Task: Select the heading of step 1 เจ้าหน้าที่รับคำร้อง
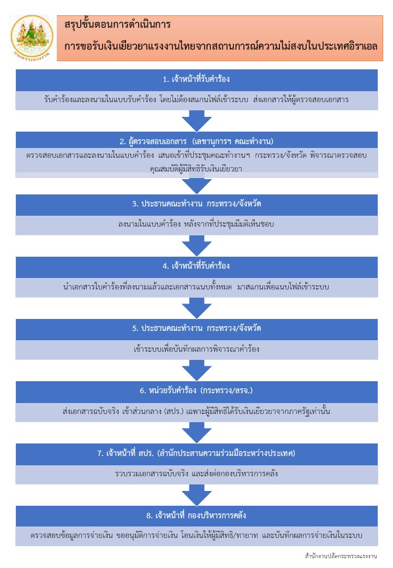196,79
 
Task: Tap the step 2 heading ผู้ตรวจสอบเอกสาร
196,141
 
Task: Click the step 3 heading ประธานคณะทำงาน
196,204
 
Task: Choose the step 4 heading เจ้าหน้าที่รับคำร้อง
196,266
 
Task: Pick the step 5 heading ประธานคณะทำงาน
196,328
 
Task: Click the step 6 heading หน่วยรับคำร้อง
196,390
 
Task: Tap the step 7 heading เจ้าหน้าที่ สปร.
196,453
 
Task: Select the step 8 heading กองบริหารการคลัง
196,516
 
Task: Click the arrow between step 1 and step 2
196,121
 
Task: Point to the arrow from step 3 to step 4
196,246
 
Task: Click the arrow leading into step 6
196,370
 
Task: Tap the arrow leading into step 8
196,495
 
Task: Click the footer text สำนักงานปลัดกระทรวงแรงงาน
341,556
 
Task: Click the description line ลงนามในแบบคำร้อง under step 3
196,224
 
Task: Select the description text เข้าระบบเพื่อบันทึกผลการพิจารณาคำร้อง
196,349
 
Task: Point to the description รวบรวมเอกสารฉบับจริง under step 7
196,474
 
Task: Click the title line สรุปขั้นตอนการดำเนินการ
117,25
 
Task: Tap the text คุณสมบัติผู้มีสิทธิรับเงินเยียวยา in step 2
196,169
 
